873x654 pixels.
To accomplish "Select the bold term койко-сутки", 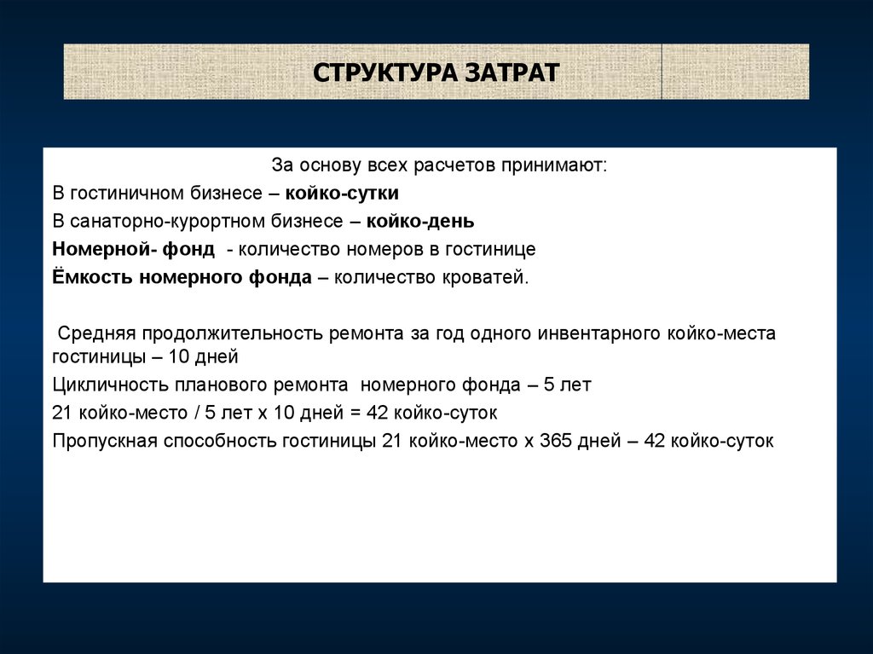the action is click(342, 194).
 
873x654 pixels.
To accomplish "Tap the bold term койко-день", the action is click(420, 221).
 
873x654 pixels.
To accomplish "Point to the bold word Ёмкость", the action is click(92, 276).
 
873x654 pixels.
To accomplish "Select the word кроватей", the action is click(485, 277).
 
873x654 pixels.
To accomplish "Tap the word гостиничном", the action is click(127, 194).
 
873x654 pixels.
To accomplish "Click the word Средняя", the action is click(97, 333).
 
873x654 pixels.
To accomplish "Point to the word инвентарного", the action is click(599, 333).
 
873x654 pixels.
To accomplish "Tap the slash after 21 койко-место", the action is click(197, 413).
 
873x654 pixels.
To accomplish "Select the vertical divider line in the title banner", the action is click(662, 72).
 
